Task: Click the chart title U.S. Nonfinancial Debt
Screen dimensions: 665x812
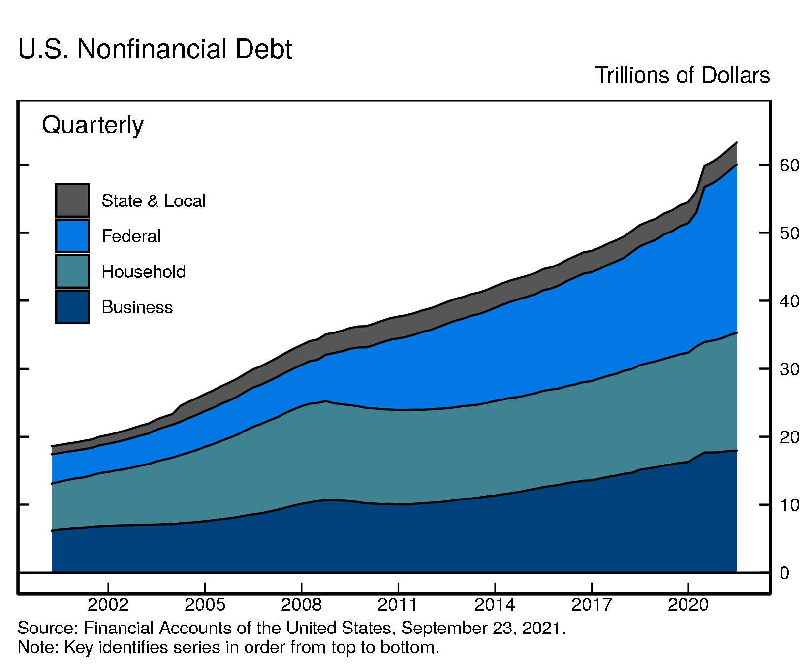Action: click(x=155, y=49)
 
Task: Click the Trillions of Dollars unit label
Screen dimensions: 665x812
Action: click(x=682, y=75)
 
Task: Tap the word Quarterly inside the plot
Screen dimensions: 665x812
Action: click(x=93, y=125)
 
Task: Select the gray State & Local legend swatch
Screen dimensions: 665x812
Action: click(x=72, y=200)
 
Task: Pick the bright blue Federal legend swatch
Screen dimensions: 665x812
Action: click(x=72, y=236)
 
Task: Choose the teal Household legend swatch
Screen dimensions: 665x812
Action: click(x=72, y=271)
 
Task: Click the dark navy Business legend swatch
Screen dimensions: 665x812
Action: click(x=72, y=307)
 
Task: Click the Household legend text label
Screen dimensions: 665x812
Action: click(x=144, y=272)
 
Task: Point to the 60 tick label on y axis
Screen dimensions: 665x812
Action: click(x=789, y=165)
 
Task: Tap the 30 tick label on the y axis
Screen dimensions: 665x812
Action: click(x=789, y=369)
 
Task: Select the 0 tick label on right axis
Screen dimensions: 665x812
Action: click(x=784, y=573)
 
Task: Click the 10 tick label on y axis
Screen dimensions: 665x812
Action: click(x=789, y=505)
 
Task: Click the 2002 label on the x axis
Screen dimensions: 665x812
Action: click(x=108, y=604)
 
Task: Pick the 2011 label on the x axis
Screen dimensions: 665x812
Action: click(x=398, y=604)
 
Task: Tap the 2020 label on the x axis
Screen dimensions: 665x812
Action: click(x=687, y=604)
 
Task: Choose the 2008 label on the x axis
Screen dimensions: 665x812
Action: click(x=301, y=604)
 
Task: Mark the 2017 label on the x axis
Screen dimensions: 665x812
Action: click(x=591, y=604)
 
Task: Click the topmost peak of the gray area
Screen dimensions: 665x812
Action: click(x=736, y=143)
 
